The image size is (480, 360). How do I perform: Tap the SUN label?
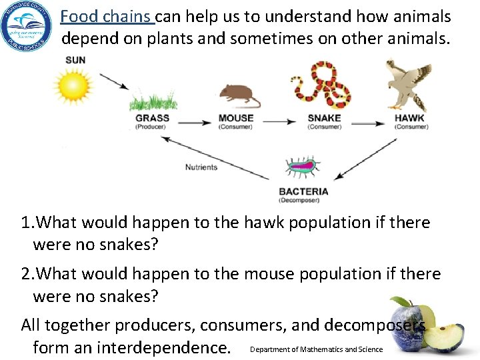(75, 60)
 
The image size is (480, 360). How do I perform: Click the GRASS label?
(152, 118)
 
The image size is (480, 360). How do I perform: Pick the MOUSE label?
(236, 118)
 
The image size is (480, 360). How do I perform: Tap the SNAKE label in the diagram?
(324, 118)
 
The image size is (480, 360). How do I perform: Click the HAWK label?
(409, 118)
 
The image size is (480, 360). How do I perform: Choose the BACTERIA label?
(303, 191)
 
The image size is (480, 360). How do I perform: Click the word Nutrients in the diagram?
(201, 167)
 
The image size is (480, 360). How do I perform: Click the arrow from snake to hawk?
(367, 121)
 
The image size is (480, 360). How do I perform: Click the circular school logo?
(26, 28)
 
